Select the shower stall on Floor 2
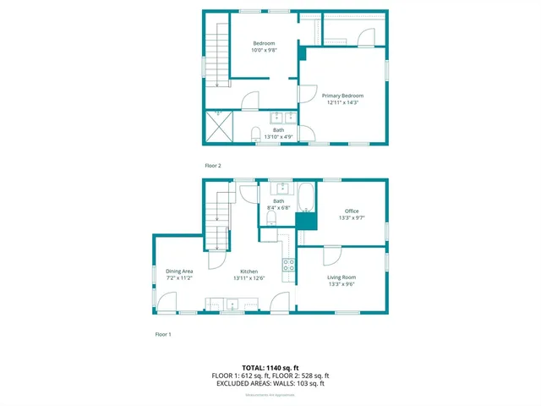(221, 128)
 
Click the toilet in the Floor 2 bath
(256, 132)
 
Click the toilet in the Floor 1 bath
(271, 219)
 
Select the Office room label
(352, 211)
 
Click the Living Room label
(342, 277)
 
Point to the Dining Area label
(179, 272)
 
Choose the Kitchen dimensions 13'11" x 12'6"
(249, 277)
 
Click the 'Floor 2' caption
(213, 166)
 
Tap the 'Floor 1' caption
(163, 334)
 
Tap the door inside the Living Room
(331, 255)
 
